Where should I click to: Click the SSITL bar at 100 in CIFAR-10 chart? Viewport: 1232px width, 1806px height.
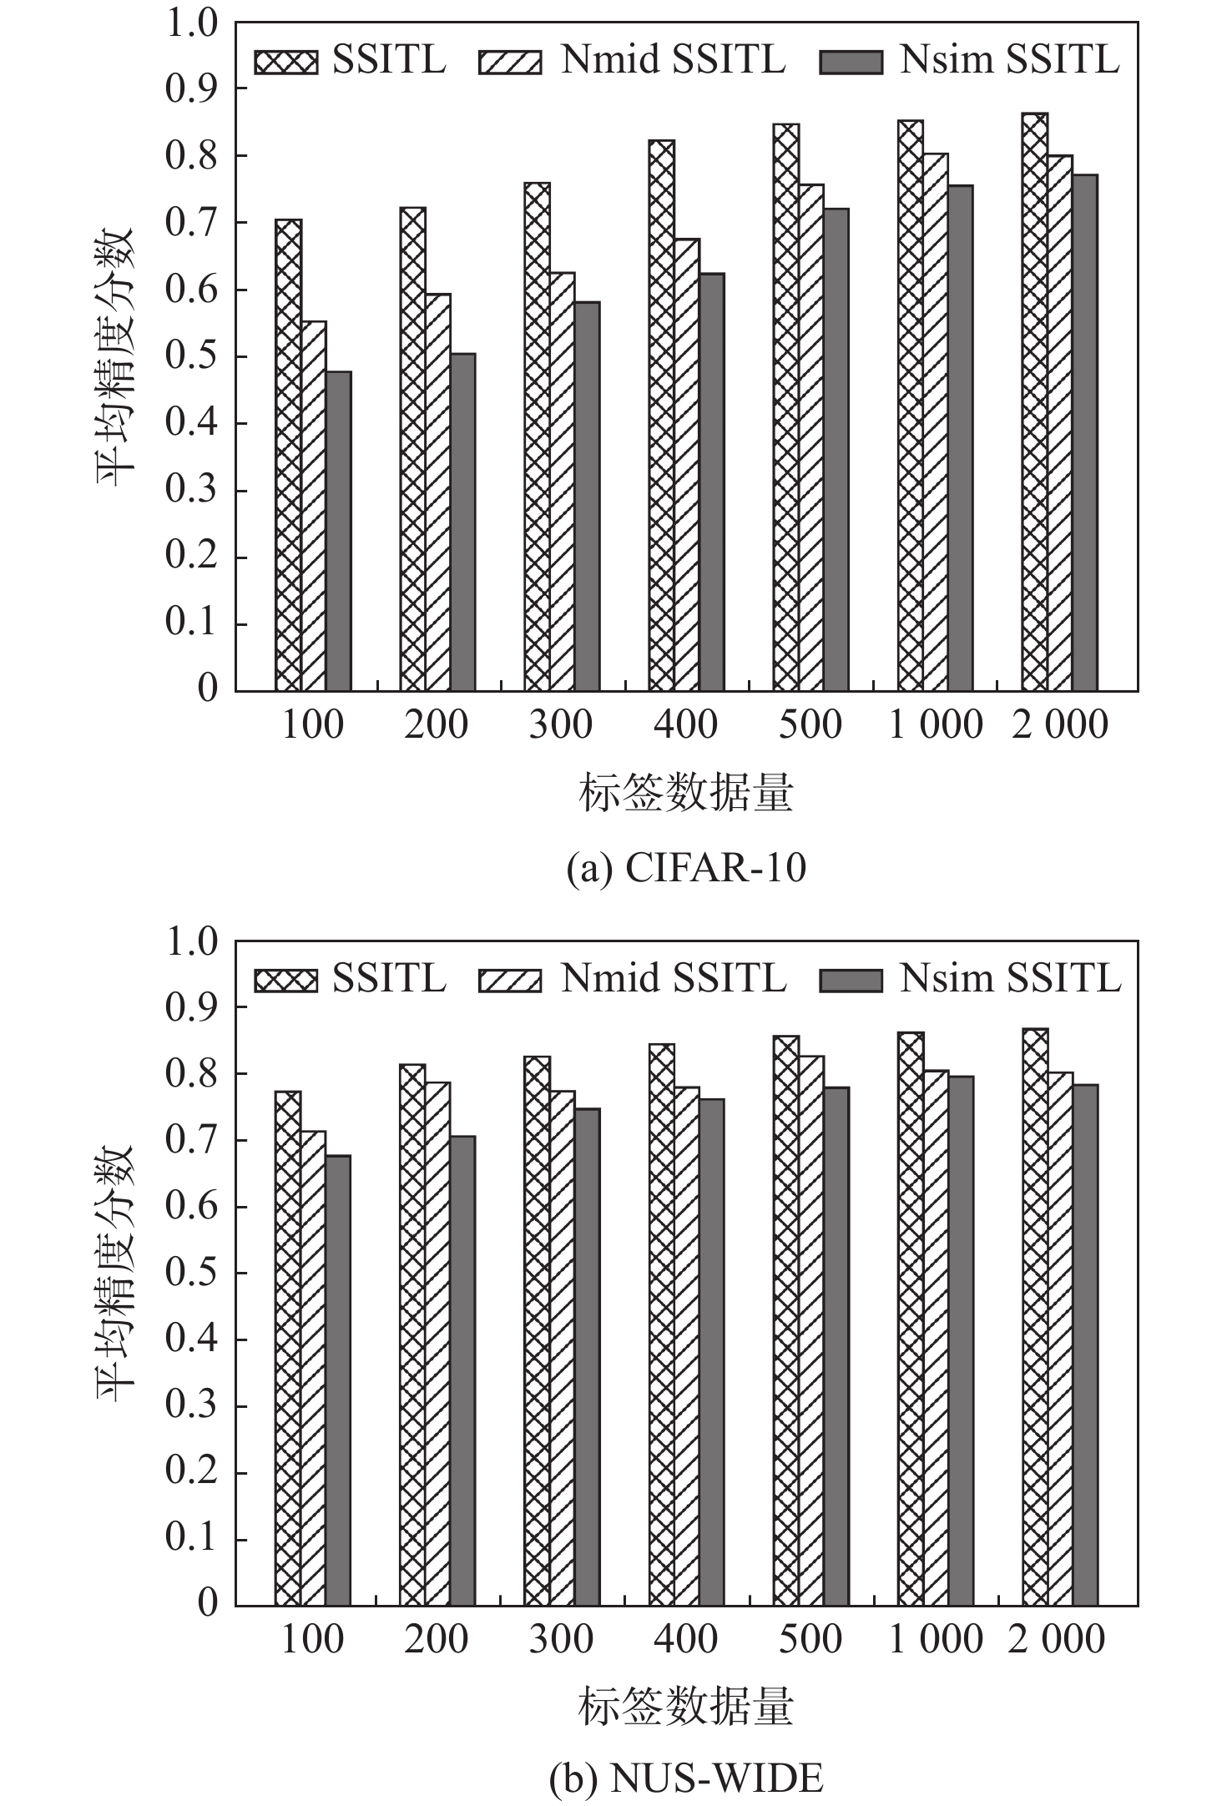[x=288, y=455]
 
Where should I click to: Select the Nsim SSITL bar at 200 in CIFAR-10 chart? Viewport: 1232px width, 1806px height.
[x=462, y=522]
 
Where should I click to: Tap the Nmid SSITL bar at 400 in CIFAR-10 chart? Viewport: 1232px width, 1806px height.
[x=687, y=465]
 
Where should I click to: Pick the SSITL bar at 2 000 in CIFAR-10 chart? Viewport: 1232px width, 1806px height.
[x=1034, y=401]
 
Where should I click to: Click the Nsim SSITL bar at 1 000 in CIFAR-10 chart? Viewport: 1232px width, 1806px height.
[x=960, y=438]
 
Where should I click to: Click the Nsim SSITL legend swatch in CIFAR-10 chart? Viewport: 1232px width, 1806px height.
[x=851, y=63]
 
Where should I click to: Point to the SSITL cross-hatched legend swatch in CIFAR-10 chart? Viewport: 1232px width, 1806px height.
[x=286, y=63]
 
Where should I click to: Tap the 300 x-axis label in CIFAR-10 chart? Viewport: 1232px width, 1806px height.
[x=561, y=724]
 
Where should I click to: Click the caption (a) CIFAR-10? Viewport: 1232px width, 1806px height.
[x=686, y=868]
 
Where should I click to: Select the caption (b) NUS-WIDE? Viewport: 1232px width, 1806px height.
[x=686, y=1778]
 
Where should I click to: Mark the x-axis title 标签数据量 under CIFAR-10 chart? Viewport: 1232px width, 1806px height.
[x=685, y=794]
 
